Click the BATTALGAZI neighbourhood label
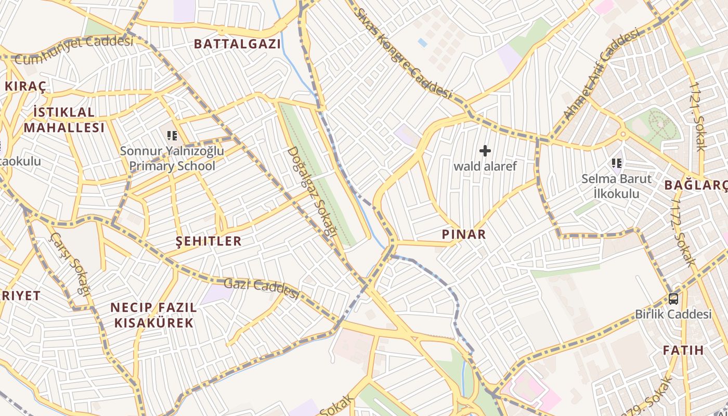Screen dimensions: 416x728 coord(237,44)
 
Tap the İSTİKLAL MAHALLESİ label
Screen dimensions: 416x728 coord(64,120)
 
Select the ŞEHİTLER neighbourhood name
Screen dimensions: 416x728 coord(209,241)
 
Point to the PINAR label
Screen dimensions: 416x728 coord(464,235)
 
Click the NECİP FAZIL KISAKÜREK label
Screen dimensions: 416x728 coord(153,315)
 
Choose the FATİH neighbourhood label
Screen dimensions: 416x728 coord(683,350)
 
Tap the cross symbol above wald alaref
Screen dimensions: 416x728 coord(485,151)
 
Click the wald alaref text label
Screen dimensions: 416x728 coord(485,166)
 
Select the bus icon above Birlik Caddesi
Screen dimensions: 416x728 coord(673,299)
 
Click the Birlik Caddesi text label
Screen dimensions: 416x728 coord(673,314)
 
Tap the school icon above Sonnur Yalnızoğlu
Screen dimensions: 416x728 coord(172,136)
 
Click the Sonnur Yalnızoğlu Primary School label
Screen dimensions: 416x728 coord(172,159)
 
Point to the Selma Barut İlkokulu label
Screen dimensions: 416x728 coord(617,186)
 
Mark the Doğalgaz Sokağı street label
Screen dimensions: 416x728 coord(310,191)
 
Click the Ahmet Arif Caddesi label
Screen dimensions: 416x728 coord(601,74)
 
